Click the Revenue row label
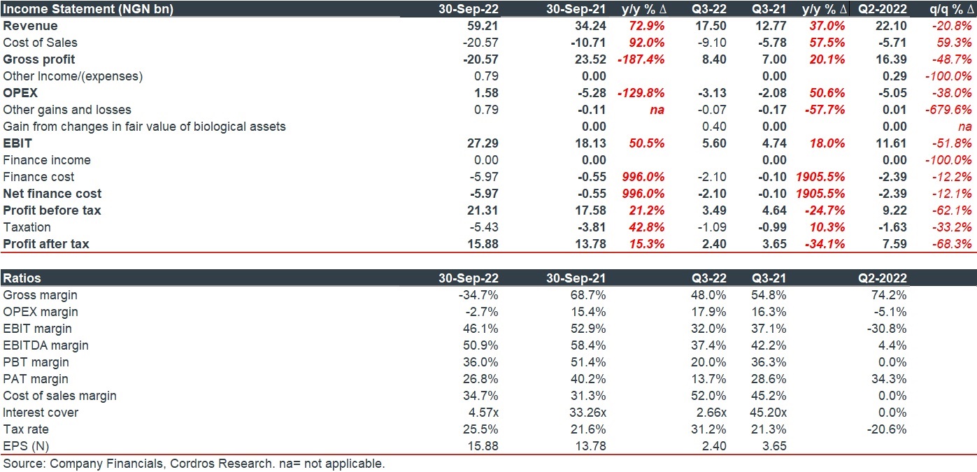tap(30, 26)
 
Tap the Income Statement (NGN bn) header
tap(88, 9)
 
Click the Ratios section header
tap(22, 278)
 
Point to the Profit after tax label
tap(46, 244)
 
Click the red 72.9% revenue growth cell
tap(644, 26)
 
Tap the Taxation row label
tap(27, 227)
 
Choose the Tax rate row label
tap(26, 429)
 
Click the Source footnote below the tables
tap(194, 464)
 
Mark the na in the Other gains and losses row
tap(657, 110)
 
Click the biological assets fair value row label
tap(144, 127)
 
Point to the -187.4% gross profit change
tap(641, 59)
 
